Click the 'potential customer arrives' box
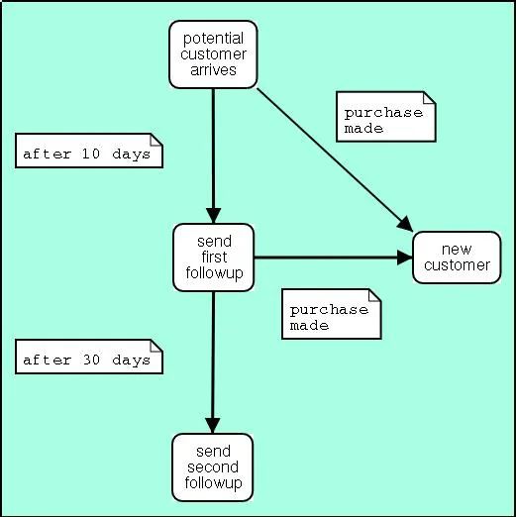click(x=213, y=54)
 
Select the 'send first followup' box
click(x=214, y=258)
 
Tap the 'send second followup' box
click(x=213, y=467)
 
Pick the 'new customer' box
click(x=457, y=258)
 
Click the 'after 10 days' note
click(x=89, y=151)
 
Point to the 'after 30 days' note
click(x=89, y=357)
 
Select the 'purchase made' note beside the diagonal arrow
click(x=386, y=117)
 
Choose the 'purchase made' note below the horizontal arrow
click(x=332, y=314)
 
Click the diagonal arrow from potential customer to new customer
click(x=335, y=159)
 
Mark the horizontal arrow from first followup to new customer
click(x=334, y=258)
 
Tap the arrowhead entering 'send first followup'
click(x=213, y=216)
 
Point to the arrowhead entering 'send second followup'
click(x=213, y=426)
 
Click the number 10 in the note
click(x=90, y=154)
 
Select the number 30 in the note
click(x=91, y=360)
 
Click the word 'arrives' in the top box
click(x=213, y=70)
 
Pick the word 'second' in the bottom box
click(x=213, y=467)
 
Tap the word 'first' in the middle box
click(x=214, y=257)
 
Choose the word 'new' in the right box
click(x=457, y=250)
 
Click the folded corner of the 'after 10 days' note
click(x=156, y=140)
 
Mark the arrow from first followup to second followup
click(x=213, y=362)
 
